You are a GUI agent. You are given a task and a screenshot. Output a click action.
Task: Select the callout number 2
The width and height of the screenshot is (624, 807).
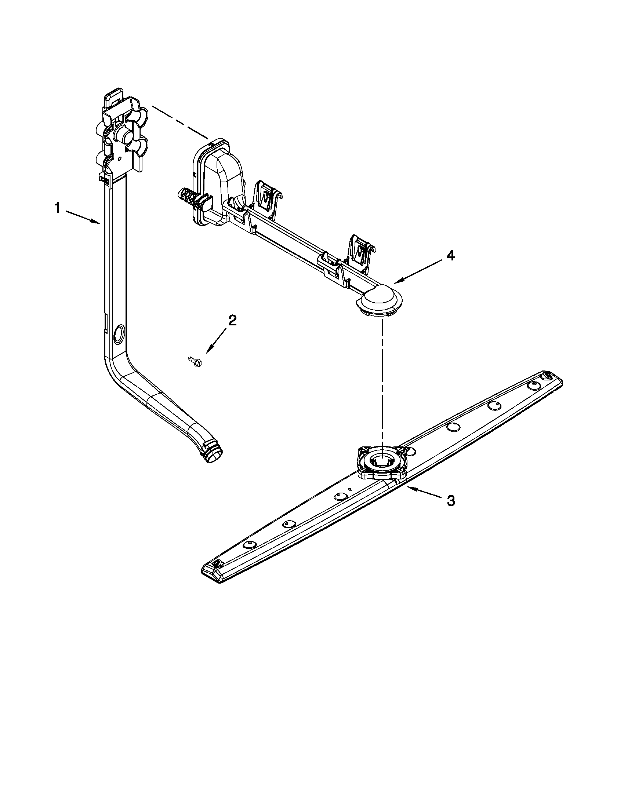click(x=232, y=320)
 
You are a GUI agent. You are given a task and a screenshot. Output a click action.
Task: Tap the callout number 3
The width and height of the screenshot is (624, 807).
click(x=451, y=501)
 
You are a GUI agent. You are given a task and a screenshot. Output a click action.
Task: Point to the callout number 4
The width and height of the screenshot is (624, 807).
click(x=450, y=255)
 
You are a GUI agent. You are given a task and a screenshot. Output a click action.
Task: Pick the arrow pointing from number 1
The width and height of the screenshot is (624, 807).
click(x=83, y=217)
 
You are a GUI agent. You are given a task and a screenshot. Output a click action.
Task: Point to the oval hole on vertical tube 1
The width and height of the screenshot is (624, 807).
click(x=120, y=332)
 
